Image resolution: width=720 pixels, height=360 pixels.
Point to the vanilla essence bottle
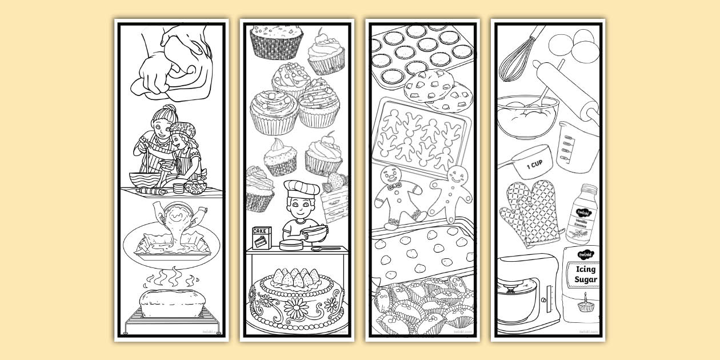pyautogui.click(x=581, y=215)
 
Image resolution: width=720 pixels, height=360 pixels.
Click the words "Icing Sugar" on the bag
pyautogui.click(x=582, y=274)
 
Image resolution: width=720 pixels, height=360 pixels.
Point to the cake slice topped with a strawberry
pyautogui.click(x=336, y=200)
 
